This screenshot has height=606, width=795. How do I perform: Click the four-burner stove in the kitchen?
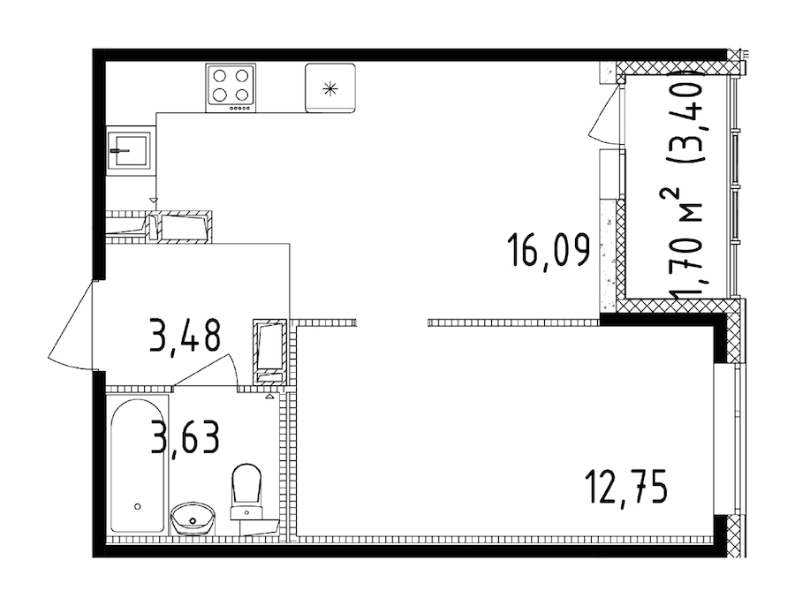point(231,87)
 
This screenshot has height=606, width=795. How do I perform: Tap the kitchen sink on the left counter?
point(129,150)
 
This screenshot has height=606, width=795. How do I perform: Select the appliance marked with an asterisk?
point(329,87)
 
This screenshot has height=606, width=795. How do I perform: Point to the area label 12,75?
point(625,485)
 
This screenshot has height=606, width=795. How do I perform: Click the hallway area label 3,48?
point(184,336)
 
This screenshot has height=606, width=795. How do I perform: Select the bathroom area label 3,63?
point(184,436)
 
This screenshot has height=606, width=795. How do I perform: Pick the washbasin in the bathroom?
point(192,517)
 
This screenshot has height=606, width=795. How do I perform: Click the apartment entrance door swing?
point(75,327)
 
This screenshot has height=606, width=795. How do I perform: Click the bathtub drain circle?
point(137,507)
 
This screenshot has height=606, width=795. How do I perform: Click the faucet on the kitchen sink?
point(121,150)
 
